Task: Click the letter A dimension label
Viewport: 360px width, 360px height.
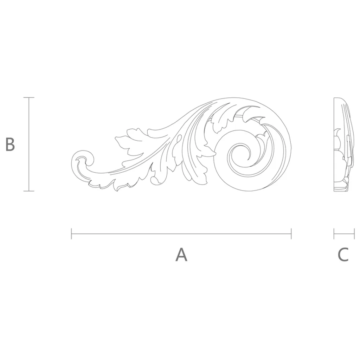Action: (x=181, y=255)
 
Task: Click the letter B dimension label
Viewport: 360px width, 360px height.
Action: (x=10, y=144)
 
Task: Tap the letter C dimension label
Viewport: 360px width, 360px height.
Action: (x=343, y=255)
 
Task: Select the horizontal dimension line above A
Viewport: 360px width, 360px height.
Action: (x=181, y=234)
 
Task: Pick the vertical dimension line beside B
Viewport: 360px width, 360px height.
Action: (x=29, y=144)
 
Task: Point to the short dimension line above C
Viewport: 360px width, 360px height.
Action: (x=344, y=234)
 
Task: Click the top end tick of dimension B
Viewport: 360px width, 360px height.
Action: (x=29, y=97)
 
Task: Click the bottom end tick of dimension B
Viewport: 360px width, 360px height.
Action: (x=29, y=191)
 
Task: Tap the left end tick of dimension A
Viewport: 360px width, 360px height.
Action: (x=71, y=234)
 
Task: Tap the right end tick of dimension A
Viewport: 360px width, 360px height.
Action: (x=291, y=234)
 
